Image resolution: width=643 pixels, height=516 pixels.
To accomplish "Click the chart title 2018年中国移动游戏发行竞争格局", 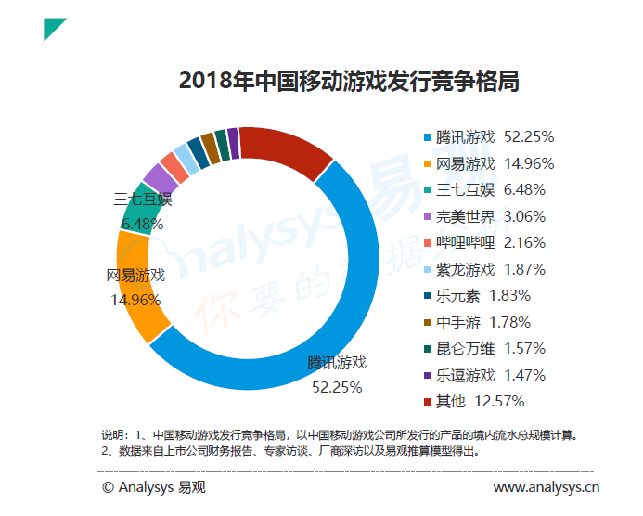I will (x=349, y=81).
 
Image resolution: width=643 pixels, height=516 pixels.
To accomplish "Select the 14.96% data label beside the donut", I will (x=135, y=300).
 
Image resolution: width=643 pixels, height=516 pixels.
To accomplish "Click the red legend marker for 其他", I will (x=427, y=402).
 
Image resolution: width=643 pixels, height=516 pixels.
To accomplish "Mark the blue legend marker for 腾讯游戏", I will (x=427, y=137).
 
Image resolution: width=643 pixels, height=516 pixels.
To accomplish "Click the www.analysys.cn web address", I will (x=546, y=487).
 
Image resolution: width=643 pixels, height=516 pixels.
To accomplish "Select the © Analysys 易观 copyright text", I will (x=154, y=487).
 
